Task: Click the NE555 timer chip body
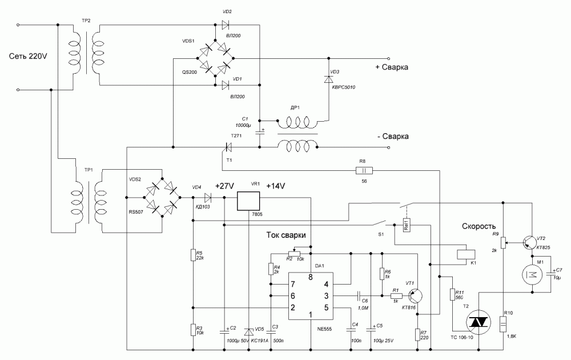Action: click(310, 297)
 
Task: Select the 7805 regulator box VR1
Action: click(248, 201)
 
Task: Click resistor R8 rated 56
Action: click(364, 170)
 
